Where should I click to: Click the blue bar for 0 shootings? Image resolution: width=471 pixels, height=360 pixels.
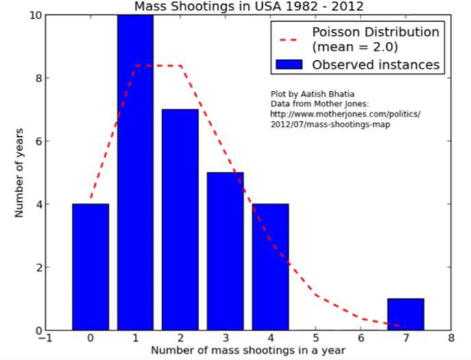pos(90,267)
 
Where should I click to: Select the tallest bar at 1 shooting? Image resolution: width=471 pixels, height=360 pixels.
pos(135,171)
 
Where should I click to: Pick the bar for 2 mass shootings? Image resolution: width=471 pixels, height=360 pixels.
pos(180,219)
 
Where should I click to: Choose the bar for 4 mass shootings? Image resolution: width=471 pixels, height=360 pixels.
pos(270,267)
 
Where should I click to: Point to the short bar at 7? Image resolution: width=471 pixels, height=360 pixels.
pos(405,314)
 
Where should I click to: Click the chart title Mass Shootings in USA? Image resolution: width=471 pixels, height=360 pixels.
pos(249,7)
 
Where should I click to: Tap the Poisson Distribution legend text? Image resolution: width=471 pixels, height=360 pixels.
pos(375,33)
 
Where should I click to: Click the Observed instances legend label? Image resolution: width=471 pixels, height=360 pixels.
pos(375,65)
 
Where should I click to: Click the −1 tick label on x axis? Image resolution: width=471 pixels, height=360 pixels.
pos(44,337)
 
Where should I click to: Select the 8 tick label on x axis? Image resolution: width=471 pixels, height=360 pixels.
pos(450,337)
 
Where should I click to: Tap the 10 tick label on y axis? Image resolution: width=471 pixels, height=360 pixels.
pos(34,15)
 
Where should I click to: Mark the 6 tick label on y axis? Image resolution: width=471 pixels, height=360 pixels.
pos(37,141)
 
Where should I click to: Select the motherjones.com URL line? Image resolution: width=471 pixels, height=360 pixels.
pos(346,114)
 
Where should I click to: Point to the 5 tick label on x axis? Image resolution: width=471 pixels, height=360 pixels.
pos(316,337)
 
